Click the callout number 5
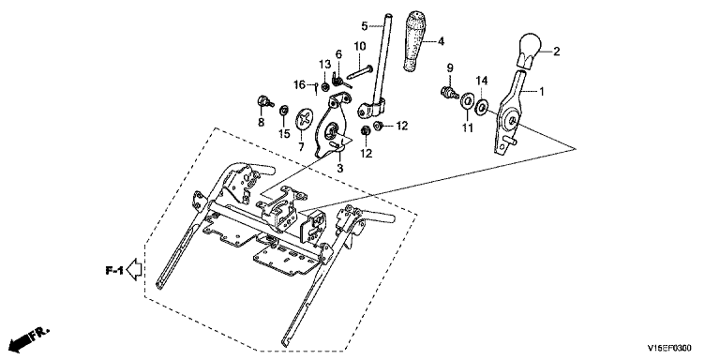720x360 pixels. (365, 26)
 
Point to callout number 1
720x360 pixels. (541, 92)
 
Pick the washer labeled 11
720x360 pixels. (468, 101)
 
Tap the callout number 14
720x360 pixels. (481, 81)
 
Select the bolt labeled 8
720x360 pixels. (265, 101)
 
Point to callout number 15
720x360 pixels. (284, 134)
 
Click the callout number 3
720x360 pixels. (339, 168)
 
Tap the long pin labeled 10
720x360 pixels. (360, 71)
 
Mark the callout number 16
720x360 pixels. (299, 85)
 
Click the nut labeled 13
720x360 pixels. (325, 86)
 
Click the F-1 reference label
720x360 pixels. (113, 271)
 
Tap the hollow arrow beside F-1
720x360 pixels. (135, 270)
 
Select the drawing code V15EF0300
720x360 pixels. (669, 348)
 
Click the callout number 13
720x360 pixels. (325, 64)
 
